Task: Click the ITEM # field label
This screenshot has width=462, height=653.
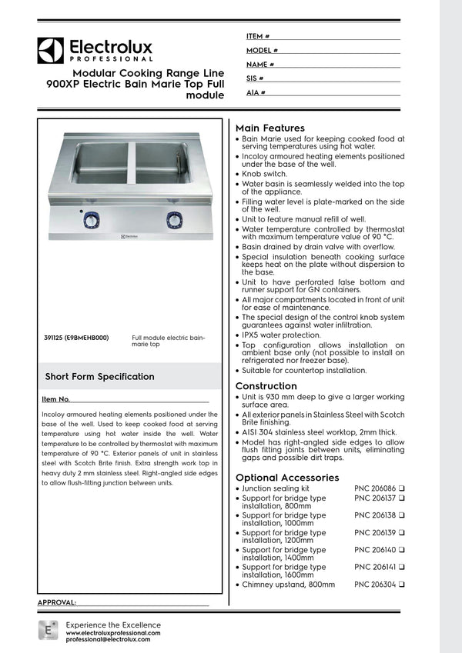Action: tap(257, 36)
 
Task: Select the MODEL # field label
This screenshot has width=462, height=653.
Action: tap(262, 50)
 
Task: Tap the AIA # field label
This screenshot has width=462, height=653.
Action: tap(256, 92)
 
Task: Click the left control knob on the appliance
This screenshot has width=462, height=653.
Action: tap(91, 220)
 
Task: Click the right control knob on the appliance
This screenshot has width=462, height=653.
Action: tap(175, 220)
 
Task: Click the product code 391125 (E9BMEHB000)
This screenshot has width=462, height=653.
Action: tap(76, 337)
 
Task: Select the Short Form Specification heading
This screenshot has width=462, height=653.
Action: tap(99, 377)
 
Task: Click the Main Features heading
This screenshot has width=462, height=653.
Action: tap(269, 128)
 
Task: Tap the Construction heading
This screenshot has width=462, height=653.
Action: tap(266, 386)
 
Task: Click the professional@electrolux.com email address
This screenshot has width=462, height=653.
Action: tap(108, 639)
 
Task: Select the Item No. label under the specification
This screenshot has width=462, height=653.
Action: tap(55, 400)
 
